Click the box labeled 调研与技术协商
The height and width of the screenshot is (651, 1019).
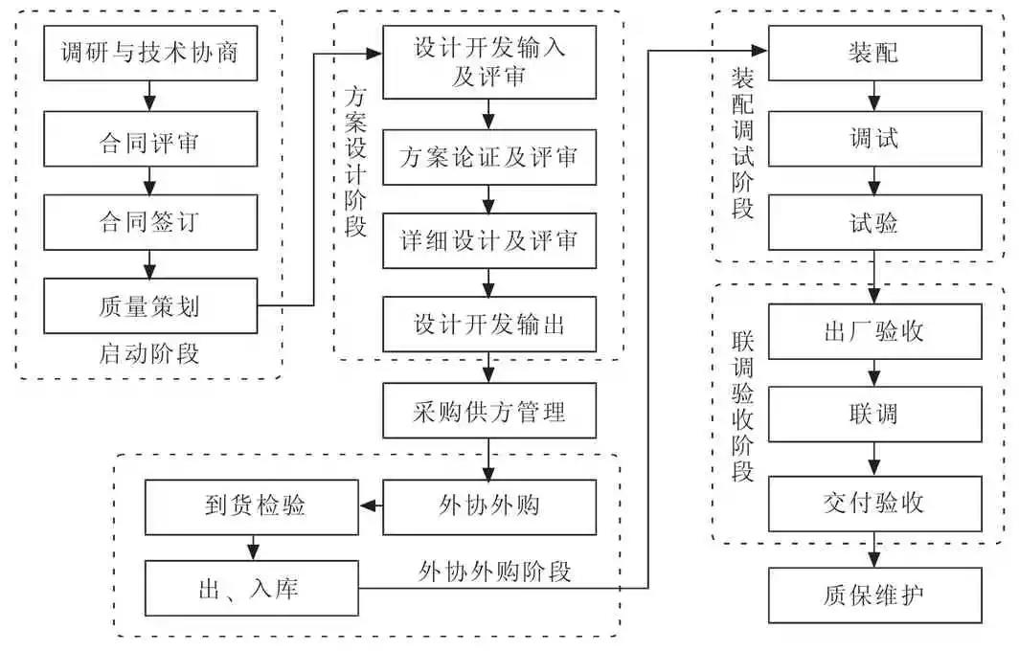149,54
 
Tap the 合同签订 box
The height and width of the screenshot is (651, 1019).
149,222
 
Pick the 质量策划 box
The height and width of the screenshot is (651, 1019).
149,306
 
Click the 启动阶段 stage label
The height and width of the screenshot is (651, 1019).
149,353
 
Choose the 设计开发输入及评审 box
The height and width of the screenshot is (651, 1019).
488,61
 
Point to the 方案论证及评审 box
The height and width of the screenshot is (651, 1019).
488,155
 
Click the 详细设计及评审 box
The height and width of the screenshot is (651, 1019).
488,239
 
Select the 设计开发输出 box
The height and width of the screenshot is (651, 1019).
488,324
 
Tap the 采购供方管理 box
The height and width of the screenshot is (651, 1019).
488,412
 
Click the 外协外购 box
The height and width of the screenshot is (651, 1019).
488,505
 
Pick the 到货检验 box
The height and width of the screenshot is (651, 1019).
252,505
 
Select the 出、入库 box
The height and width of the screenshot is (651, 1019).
252,588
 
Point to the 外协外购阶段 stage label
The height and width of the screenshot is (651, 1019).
495,572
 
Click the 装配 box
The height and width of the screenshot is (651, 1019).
873,52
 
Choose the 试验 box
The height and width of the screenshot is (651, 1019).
873,223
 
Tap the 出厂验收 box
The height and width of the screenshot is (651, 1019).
873,331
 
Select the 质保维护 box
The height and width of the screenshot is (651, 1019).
873,595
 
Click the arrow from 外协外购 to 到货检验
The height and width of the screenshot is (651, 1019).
371,505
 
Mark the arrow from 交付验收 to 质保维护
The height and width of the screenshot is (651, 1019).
873,550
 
